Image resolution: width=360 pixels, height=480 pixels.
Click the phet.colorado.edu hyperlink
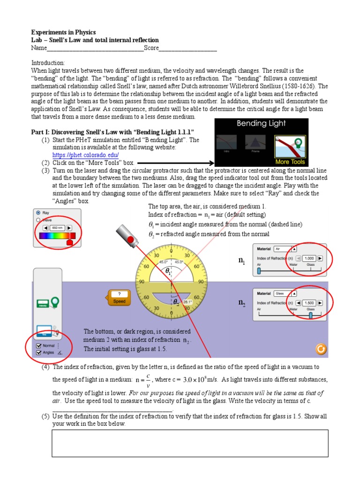85,155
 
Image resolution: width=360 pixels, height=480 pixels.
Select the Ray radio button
38,212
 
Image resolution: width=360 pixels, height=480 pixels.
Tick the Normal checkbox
39,345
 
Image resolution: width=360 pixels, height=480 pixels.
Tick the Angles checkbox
39,352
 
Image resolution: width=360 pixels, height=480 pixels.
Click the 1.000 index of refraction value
309,258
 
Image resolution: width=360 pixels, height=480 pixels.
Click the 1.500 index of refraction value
309,303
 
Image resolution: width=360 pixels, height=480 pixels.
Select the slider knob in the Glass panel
310,315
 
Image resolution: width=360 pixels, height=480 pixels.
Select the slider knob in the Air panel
259,271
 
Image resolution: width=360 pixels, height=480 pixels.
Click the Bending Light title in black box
261,124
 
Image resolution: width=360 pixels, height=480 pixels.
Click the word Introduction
48,63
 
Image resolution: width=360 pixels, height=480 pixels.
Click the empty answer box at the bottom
189,443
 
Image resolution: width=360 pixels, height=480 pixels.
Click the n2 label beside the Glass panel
242,303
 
